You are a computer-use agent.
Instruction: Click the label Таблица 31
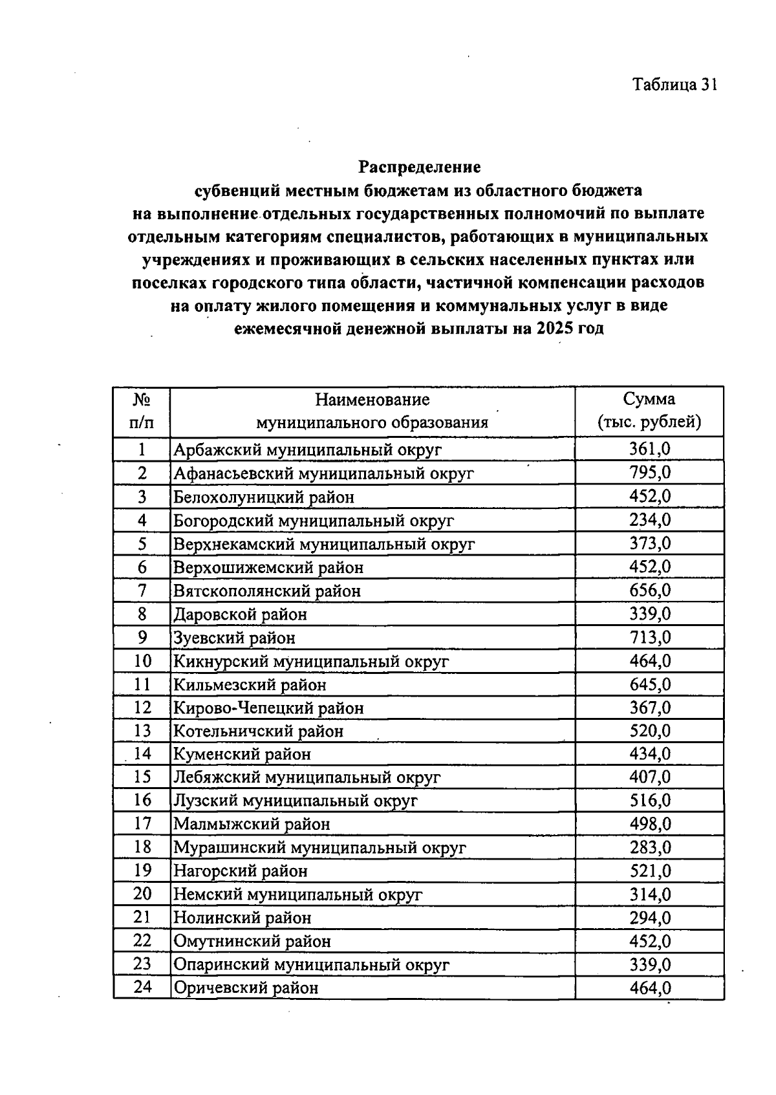pyautogui.click(x=674, y=85)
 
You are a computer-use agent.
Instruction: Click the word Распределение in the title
pyautogui.click(x=420, y=167)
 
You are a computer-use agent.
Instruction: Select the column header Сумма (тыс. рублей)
pyautogui.click(x=649, y=411)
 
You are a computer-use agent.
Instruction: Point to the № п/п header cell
pyautogui.click(x=142, y=411)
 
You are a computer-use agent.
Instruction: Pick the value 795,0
pyautogui.click(x=650, y=473)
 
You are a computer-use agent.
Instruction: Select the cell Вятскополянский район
pyautogui.click(x=266, y=591)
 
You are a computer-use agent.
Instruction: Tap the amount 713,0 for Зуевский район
pyautogui.click(x=650, y=638)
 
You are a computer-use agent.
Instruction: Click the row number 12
pyautogui.click(x=142, y=708)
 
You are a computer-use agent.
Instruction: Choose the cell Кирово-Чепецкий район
pyautogui.click(x=268, y=708)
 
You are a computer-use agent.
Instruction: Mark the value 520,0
pyautogui.click(x=650, y=731)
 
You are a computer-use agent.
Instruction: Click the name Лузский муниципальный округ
pyautogui.click(x=295, y=801)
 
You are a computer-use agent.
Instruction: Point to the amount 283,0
pyautogui.click(x=650, y=847)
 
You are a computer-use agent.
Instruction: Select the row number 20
pyautogui.click(x=142, y=894)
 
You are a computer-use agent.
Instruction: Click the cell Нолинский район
pyautogui.click(x=242, y=918)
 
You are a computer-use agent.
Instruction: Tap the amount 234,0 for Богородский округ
pyautogui.click(x=650, y=520)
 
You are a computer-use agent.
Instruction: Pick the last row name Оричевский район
pyautogui.click(x=246, y=988)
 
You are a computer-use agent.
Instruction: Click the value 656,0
pyautogui.click(x=650, y=591)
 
